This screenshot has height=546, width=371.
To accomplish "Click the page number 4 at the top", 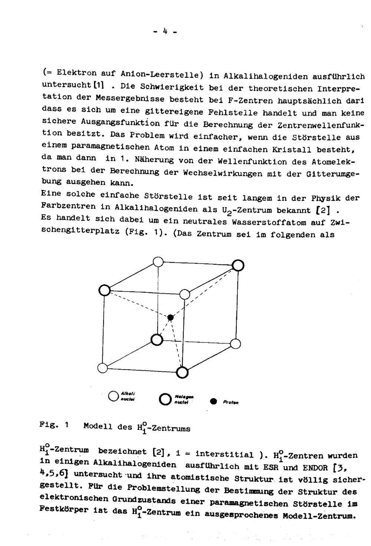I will pos(165,32).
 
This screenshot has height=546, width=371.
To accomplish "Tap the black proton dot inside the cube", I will pos(170,317).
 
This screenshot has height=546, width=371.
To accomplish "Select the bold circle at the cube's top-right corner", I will pos(238,265).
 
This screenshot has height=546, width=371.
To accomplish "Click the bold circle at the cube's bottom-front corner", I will pos(182,372).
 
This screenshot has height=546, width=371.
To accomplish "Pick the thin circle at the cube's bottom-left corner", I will pos(102,368).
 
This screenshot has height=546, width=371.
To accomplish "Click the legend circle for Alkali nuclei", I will pos(113,396).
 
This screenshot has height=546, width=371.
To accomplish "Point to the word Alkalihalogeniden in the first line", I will pos(265,76).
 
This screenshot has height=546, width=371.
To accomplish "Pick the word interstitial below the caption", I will pos(224,454).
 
